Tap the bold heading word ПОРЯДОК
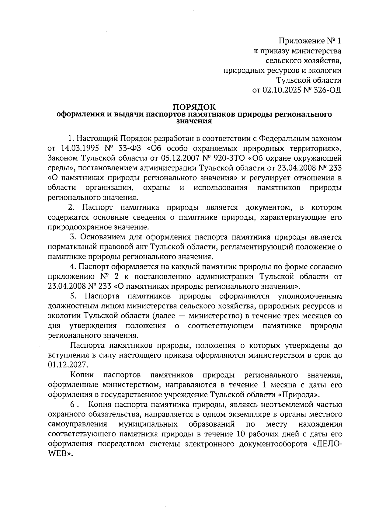pos(194,107)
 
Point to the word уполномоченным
pos(310,296)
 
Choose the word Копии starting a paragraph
pos(82,375)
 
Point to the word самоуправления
pos(78,424)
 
